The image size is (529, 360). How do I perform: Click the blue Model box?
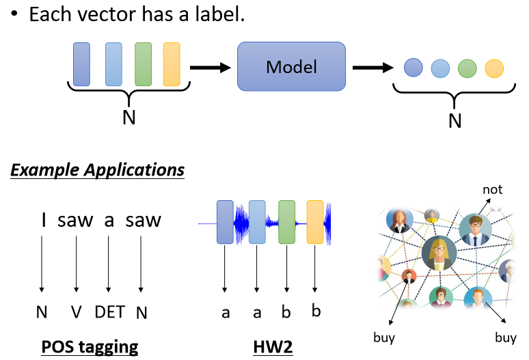pos(291,66)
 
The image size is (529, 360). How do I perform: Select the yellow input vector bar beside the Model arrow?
pos(172,64)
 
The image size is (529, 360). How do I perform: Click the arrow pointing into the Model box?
pos(209,67)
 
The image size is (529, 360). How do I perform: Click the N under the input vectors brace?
pos(128,117)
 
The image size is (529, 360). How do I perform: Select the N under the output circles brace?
pos(455,121)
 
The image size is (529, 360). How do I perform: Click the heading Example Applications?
pos(97,169)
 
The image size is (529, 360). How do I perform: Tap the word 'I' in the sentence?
pos(44,220)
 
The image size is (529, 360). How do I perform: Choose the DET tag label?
pos(110,312)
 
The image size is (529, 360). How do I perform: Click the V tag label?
pos(77,312)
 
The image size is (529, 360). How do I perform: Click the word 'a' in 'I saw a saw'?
pos(109,221)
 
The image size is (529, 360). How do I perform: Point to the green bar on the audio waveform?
pos(286,222)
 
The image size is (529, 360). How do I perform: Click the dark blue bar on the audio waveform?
pos(225,222)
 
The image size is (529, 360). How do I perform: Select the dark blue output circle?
pos(412,68)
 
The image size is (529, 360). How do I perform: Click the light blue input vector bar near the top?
pos(114,64)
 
